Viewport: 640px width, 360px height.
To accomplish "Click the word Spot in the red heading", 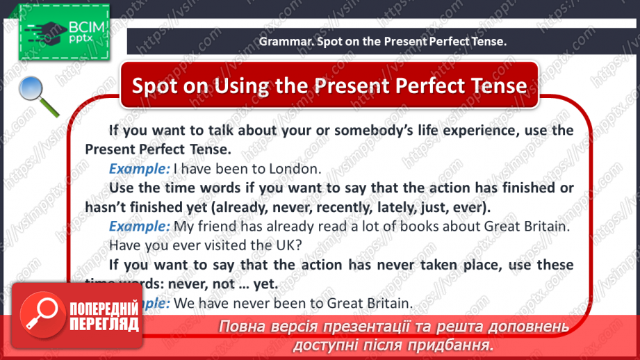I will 154,85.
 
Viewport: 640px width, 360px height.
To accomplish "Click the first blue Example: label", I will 139,168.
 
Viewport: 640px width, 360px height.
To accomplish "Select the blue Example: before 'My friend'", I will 139,226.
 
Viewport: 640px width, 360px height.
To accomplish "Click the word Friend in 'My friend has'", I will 215,226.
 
